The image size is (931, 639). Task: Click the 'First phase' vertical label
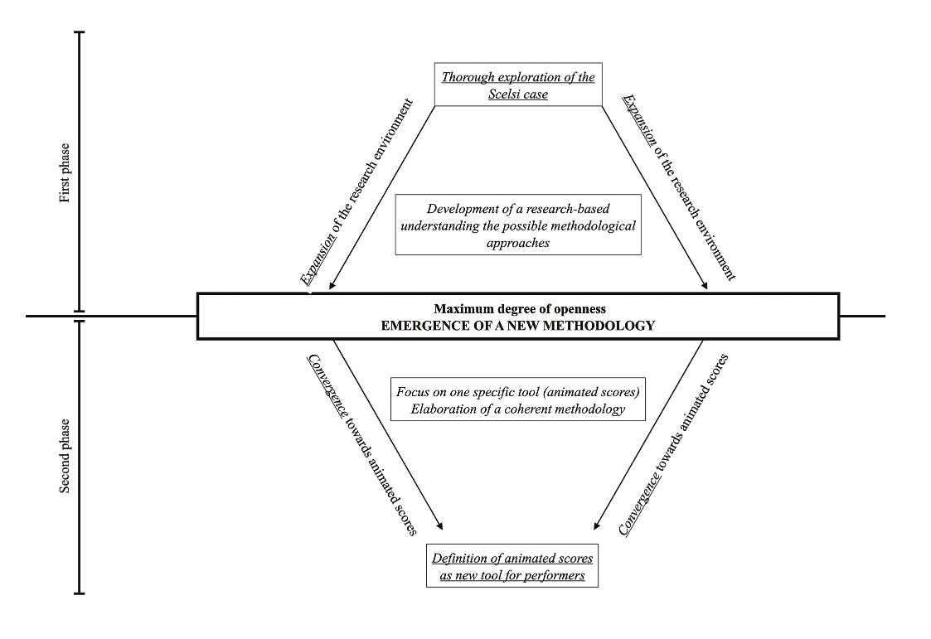(65, 172)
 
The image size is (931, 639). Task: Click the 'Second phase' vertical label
(65, 457)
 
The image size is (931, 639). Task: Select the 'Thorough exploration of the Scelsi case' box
(518, 85)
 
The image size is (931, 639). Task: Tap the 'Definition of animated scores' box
(512, 566)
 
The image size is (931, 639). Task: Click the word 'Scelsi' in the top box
(503, 94)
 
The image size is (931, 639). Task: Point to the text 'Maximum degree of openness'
(520, 308)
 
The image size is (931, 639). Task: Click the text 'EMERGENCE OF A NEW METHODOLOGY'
(518, 325)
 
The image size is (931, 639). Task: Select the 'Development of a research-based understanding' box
(518, 225)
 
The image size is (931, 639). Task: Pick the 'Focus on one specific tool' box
(518, 400)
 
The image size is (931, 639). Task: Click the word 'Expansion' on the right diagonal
(639, 122)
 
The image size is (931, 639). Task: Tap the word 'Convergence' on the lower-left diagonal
(327, 386)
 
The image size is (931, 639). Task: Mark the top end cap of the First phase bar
(80, 32)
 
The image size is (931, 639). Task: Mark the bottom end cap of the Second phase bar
(80, 593)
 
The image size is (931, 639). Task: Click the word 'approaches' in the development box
(518, 243)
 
